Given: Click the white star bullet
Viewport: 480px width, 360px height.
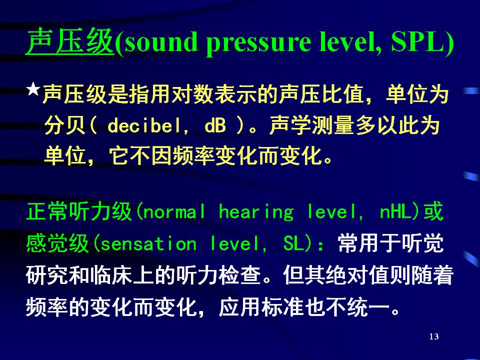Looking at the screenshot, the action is pos(33,89).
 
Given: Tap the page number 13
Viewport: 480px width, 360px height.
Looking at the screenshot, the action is pos(434,336).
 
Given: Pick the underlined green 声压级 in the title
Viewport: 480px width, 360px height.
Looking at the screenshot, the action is pos(70,41).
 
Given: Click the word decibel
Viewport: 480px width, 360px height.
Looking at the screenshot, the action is pos(144,125).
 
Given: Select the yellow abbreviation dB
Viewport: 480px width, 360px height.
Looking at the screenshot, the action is pos(215,125).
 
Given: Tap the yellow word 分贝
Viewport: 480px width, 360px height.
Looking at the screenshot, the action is pos(65,125).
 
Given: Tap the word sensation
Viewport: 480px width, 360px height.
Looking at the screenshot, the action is pos(148,244).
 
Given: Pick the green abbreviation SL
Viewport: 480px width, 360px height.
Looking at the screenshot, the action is pos(293,244).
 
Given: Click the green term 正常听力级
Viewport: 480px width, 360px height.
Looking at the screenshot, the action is pos(79,211).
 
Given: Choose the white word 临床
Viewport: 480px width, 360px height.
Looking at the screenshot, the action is pos(111,275).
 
